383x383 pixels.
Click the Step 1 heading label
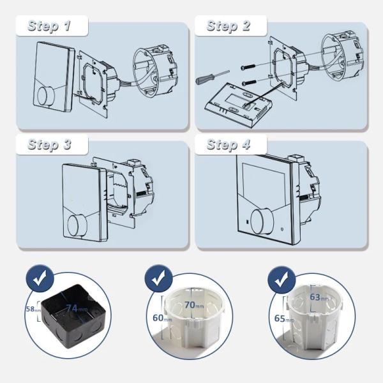click(49, 26)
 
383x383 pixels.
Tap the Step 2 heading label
click(229, 26)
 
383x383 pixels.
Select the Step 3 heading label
click(49, 144)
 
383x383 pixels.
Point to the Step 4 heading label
click(229, 144)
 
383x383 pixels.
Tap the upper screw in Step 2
click(248, 66)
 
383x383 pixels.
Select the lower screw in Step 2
click(249, 83)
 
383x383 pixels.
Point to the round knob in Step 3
click(77, 225)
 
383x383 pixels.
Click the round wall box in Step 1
click(155, 70)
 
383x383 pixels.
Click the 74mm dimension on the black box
click(77, 308)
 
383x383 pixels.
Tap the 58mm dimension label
click(33, 309)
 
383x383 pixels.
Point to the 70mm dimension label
click(194, 305)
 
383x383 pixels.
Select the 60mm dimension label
click(162, 318)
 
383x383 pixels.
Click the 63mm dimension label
click(319, 297)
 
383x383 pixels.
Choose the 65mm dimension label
click(284, 319)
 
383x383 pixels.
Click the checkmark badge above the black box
click(40, 278)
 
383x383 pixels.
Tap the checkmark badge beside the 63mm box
click(282, 280)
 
